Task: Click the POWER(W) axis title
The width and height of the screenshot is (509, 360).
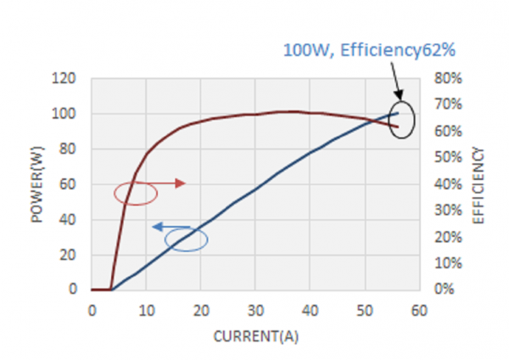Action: [37, 185]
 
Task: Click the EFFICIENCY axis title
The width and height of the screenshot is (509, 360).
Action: [478, 185]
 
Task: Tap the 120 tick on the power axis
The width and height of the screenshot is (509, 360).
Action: [65, 79]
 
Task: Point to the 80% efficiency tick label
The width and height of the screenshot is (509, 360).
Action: [444, 79]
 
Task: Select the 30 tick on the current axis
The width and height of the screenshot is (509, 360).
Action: [255, 311]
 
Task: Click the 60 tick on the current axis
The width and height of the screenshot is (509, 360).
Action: [417, 311]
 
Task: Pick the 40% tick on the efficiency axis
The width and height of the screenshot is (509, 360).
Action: [444, 184]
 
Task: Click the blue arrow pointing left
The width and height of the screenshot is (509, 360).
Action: [170, 227]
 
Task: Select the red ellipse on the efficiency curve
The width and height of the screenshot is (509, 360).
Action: [136, 194]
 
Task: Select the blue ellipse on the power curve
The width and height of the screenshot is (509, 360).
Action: [187, 239]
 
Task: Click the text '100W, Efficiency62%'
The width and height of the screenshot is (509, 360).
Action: [370, 51]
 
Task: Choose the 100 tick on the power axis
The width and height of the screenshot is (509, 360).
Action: [65, 114]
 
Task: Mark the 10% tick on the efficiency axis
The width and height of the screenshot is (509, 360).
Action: [444, 263]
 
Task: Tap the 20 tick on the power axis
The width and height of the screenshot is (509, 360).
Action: [69, 255]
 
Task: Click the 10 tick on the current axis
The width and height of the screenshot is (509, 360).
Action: [146, 311]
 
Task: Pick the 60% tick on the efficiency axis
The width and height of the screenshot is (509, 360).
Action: [444, 132]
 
